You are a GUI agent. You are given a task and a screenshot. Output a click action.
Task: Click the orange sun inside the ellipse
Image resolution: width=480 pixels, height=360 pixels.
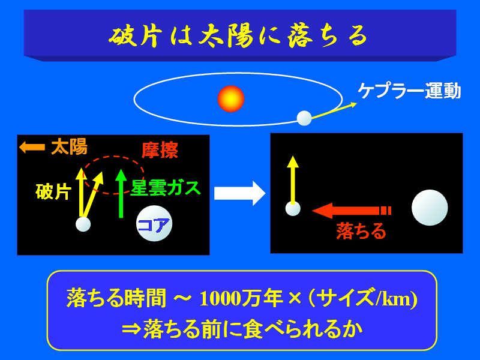coord(231,99)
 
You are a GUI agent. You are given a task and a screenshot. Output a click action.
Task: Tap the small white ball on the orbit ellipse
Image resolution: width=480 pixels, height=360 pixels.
coord(304,118)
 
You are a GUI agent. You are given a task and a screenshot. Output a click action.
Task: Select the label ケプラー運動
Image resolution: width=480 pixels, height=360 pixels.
coord(409,91)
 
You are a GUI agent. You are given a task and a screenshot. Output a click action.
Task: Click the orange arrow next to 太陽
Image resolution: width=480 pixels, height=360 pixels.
coord(32,147)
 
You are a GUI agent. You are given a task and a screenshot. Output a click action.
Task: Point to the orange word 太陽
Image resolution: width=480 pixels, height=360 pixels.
coord(69,146)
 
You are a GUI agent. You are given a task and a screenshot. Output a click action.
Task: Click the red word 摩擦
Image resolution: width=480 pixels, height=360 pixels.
coord(160,150)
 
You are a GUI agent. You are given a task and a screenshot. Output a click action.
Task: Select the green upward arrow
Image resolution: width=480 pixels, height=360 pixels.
coord(121,193)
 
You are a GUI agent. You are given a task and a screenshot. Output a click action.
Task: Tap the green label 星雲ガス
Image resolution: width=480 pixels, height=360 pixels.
coord(166,188)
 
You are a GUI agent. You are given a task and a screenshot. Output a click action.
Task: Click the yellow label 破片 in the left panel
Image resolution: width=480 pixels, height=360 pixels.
coord(53,191)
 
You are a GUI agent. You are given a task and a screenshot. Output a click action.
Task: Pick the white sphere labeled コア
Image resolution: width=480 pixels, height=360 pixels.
coord(154,223)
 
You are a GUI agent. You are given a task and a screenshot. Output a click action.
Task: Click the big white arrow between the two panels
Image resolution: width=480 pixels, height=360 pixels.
coord(239,193)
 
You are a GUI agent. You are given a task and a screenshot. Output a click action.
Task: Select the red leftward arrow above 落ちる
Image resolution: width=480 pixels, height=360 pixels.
coord(352,211)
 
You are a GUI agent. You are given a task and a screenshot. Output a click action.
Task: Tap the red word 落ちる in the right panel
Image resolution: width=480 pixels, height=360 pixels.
coord(361,231)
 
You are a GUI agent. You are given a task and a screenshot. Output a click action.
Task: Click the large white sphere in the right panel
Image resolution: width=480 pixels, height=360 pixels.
coord(430,208)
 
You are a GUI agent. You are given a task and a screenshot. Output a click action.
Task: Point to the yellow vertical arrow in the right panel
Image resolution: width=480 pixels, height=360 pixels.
coord(293,180)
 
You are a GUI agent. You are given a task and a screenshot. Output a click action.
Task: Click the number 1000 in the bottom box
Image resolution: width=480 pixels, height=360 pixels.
coord(220,298)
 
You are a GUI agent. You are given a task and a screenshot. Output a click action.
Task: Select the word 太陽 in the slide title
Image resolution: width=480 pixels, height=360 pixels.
coord(226,37)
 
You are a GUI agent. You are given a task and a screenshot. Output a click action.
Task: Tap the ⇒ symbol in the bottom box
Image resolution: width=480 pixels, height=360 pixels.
coord(131,329)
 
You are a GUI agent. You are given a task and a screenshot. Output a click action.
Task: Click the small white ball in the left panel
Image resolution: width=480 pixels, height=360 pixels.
coord(83,224)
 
